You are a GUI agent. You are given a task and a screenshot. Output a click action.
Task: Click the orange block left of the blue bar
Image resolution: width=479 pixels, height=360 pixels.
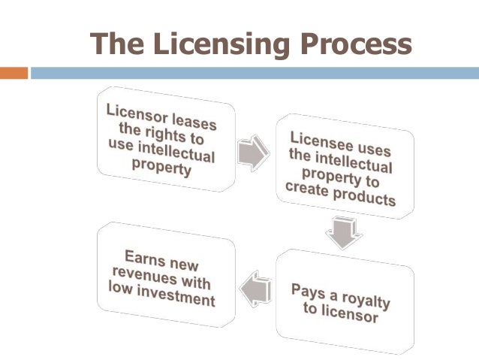(x=14, y=73)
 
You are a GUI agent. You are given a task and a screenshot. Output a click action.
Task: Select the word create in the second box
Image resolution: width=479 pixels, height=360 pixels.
(x=309, y=192)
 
